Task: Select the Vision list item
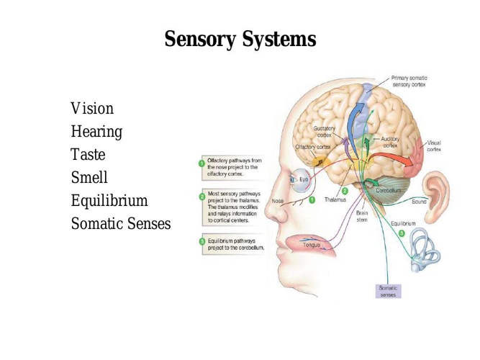(x=92, y=109)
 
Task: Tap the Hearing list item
(x=96, y=132)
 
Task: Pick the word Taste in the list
(x=89, y=154)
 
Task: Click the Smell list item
(x=89, y=177)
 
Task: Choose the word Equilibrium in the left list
(x=109, y=201)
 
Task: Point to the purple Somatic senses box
(x=388, y=292)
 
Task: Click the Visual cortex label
(x=434, y=146)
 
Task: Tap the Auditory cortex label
(x=390, y=143)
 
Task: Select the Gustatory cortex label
(x=324, y=132)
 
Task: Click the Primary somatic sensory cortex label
(x=409, y=81)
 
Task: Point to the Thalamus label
(x=335, y=199)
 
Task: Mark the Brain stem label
(x=362, y=216)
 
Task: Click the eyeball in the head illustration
(x=301, y=181)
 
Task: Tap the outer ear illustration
(x=435, y=197)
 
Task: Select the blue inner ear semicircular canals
(x=424, y=249)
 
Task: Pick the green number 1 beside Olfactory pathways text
(x=201, y=163)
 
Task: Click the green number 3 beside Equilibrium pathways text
(x=201, y=241)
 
